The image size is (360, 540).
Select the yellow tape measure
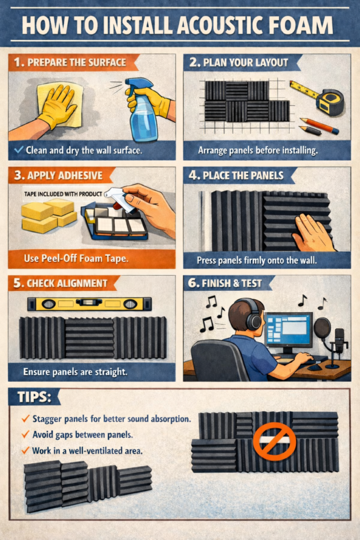321,97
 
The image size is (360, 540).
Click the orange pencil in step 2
319,126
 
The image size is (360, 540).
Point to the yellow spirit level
90,304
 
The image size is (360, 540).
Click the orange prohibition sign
275,441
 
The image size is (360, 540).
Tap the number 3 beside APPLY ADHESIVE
18,175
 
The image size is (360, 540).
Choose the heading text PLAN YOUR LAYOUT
245,62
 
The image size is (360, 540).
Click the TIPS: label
34,397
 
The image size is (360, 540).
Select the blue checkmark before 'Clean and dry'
19,149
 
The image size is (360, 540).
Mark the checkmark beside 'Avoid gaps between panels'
25,434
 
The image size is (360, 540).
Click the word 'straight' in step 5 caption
109,372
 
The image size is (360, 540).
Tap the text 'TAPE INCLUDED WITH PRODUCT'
63,194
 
